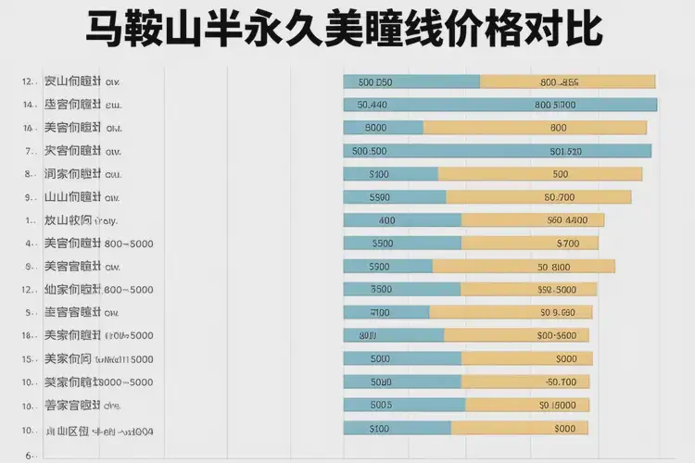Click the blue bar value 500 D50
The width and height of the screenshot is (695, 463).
coord(374,81)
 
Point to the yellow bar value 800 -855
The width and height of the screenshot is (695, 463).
coord(559,81)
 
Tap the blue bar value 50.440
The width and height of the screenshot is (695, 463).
coord(373,105)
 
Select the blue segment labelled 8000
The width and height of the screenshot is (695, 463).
coord(376,128)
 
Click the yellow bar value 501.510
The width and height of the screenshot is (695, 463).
coord(565,151)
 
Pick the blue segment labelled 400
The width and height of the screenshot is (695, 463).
coord(387,220)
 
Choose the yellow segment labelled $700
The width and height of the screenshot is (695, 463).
coord(567,244)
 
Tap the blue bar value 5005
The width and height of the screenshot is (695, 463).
coord(381,405)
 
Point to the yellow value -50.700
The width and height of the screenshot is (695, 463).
coord(561,382)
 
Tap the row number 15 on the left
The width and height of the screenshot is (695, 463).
coord(28,358)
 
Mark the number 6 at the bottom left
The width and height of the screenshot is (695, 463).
coord(29,455)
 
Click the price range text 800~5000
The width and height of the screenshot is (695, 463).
coord(129,244)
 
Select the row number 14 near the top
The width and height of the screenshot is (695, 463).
coord(28,104)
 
